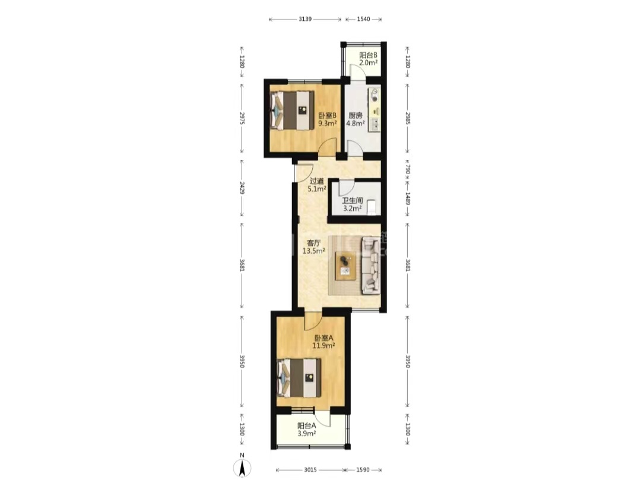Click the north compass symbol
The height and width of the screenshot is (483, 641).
(242, 468)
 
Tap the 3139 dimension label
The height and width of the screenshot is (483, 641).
(306, 19)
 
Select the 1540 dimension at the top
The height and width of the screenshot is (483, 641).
(363, 19)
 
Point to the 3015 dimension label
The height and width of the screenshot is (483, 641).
(310, 470)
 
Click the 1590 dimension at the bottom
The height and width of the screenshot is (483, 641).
(363, 470)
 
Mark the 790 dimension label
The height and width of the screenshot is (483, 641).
(408, 169)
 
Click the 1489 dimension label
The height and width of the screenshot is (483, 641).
(408, 199)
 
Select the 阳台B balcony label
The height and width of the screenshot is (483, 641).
(368, 55)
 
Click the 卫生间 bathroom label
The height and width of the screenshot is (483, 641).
(353, 201)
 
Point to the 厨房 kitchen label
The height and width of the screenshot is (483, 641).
(356, 115)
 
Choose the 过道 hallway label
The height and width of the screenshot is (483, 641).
(317, 181)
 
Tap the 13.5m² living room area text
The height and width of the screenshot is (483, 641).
(313, 251)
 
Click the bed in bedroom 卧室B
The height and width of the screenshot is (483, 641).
(292, 111)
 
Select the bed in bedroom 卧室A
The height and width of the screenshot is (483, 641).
(299, 378)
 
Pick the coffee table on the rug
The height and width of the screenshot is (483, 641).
(346, 266)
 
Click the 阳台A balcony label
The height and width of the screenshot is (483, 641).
(307, 426)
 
